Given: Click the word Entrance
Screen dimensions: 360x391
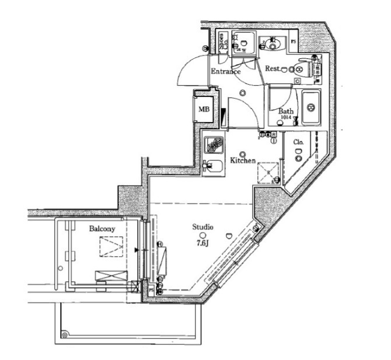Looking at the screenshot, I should click(x=225, y=72).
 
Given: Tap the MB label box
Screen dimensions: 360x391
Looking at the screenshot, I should click(x=204, y=109).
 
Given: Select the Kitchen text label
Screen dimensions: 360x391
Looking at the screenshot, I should click(x=243, y=160).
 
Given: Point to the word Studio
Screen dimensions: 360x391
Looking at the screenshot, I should click(x=203, y=226).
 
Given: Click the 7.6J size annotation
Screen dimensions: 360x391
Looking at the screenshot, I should click(x=203, y=242).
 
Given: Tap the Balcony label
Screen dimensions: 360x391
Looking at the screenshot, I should click(x=102, y=229).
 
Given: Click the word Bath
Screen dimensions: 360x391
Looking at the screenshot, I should click(x=285, y=111).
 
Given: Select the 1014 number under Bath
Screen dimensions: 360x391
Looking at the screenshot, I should click(x=285, y=118).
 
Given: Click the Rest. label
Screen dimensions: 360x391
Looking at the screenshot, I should click(x=273, y=69).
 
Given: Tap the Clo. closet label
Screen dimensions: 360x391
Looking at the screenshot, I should click(x=298, y=142).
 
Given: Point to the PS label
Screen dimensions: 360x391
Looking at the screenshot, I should click(x=293, y=42).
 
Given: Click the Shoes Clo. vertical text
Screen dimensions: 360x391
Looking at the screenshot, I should click(x=222, y=43).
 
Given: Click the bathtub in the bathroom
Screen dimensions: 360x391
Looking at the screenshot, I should click(x=310, y=108).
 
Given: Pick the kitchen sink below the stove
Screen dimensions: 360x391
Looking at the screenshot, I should click(x=214, y=166).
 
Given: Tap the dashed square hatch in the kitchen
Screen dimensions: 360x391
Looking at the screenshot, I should click(x=268, y=172).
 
